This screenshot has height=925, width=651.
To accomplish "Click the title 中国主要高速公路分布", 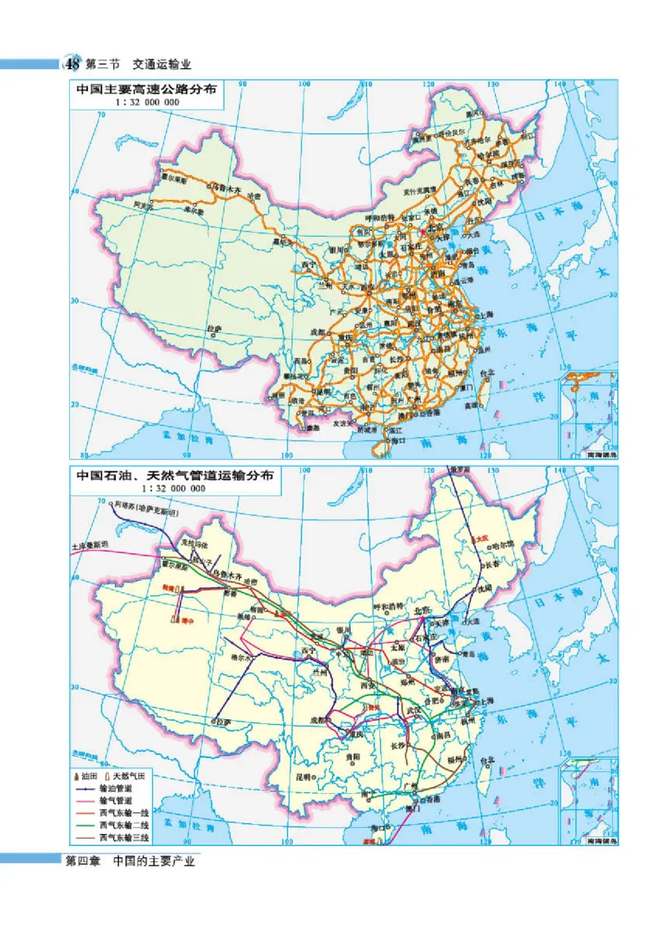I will point(146,91).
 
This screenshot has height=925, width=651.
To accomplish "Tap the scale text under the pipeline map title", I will point(172,489).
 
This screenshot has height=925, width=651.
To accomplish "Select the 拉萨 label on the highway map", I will point(214,329).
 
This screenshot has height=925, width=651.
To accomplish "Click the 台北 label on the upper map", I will point(487,373).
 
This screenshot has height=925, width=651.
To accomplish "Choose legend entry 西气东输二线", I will point(124,824).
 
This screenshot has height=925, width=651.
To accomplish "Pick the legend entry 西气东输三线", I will point(124,836).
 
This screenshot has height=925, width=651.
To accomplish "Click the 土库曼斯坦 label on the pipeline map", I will point(90,547).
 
